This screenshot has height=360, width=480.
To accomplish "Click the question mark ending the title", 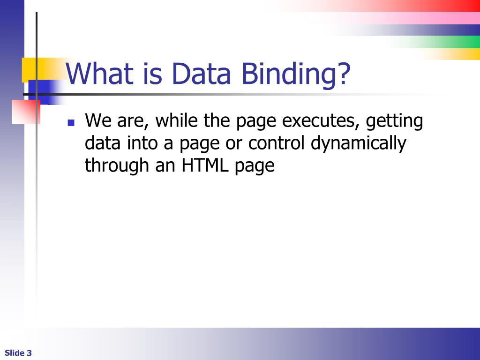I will (345, 74).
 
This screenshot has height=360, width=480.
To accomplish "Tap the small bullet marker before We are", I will (71, 123).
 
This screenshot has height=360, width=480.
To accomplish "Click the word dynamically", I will (359, 143).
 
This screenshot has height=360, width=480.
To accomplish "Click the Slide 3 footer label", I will (18, 353).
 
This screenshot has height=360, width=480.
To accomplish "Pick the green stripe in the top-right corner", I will (445, 42).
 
